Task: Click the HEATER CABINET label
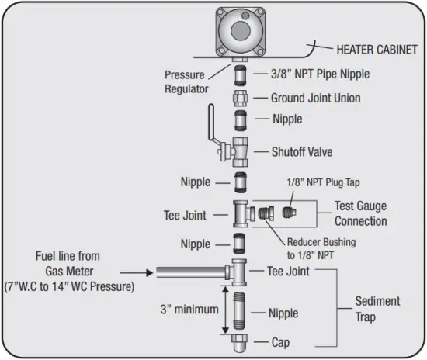(377, 50)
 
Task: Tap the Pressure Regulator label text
(185, 81)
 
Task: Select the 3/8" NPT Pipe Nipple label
(319, 74)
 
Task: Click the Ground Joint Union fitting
(241, 99)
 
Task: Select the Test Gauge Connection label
(360, 213)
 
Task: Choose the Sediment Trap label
(377, 307)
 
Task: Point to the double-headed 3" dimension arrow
(224, 309)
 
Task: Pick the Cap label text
(282, 341)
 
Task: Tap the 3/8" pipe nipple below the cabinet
(241, 74)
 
